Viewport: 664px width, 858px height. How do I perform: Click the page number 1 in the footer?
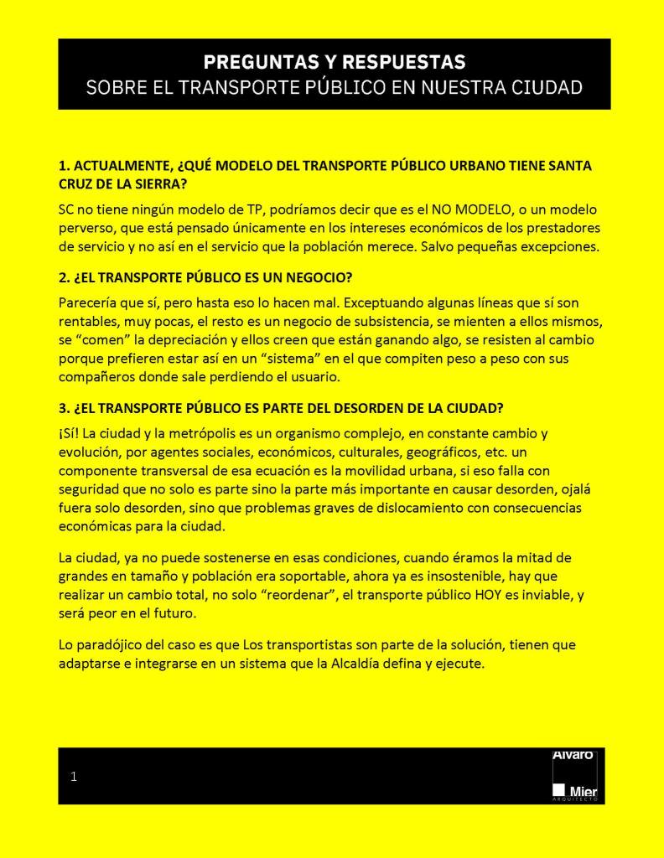point(74,777)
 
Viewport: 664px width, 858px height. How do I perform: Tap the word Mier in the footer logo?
point(583,790)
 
